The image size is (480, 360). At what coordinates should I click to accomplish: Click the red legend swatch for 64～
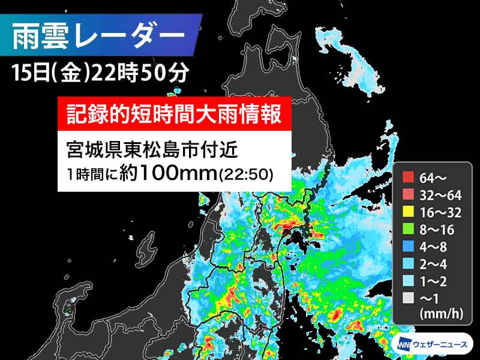coord(408,177)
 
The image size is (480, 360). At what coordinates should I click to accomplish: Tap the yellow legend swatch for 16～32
coord(408,212)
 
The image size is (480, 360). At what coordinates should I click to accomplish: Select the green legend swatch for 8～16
coord(408,229)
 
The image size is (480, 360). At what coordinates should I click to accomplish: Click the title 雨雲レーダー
coord(99,35)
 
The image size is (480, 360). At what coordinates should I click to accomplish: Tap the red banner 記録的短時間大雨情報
coord(173,113)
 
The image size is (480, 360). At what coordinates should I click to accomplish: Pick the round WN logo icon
coord(403,344)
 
